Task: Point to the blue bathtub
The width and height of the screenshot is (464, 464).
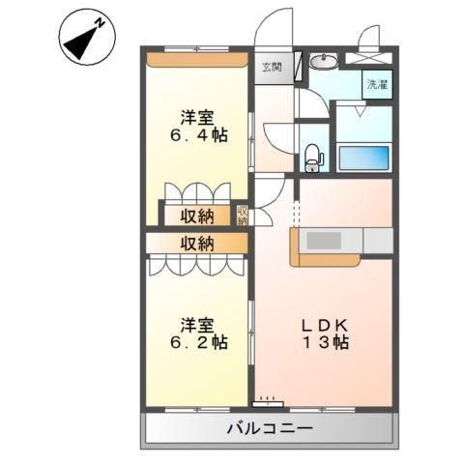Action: pyautogui.click(x=362, y=157)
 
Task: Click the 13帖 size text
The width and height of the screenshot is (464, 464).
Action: pyautogui.click(x=325, y=343)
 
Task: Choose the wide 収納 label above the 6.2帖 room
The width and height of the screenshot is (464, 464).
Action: pyautogui.click(x=196, y=243)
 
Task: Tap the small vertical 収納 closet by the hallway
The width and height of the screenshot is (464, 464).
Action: pyautogui.click(x=243, y=215)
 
